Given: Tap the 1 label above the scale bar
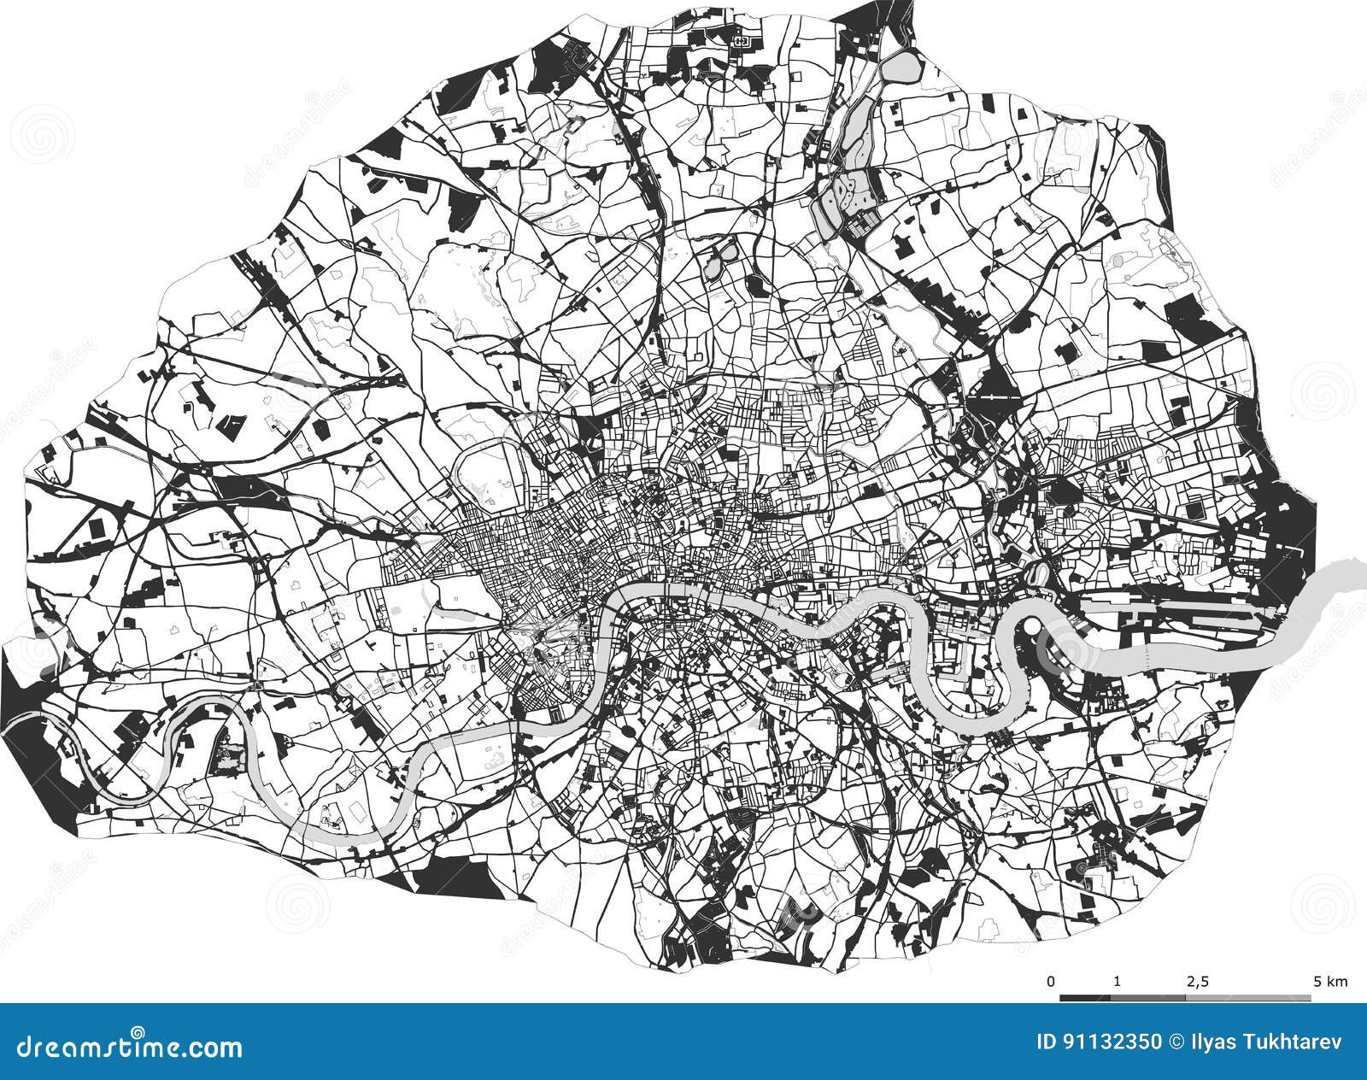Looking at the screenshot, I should coord(1118,981).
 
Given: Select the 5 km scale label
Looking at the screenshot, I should coord(1329,981).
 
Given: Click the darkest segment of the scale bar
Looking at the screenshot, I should coord(1085,997).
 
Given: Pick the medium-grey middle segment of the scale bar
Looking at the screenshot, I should coord(1147,997).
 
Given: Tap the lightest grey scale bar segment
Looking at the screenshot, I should coord(1247,997).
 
